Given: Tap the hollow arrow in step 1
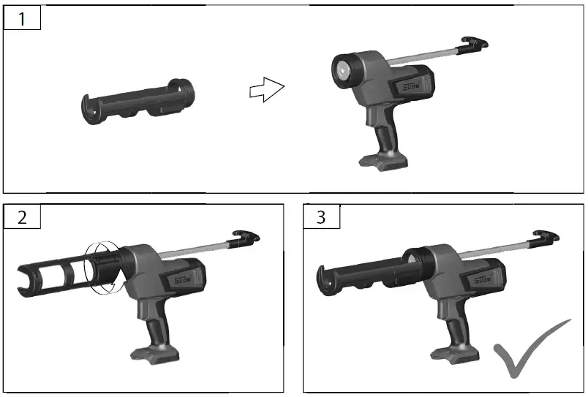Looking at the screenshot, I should (265, 91).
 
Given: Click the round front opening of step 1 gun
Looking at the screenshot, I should (342, 70).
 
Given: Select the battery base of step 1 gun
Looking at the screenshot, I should (379, 159).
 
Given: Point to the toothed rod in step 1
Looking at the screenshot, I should (424, 56).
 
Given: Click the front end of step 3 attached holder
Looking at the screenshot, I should (327, 275).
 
